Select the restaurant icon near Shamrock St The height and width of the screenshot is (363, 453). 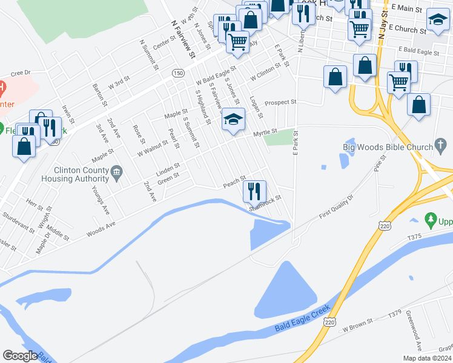point(254,191)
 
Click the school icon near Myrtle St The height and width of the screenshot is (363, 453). point(233,119)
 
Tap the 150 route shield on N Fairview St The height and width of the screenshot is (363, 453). point(177,73)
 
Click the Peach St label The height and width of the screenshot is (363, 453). point(233,181)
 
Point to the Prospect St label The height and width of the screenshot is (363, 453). point(280,102)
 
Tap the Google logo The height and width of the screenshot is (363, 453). point(20,355)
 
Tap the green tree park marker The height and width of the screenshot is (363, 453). point(431,218)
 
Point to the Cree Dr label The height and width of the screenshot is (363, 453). point(21,73)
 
